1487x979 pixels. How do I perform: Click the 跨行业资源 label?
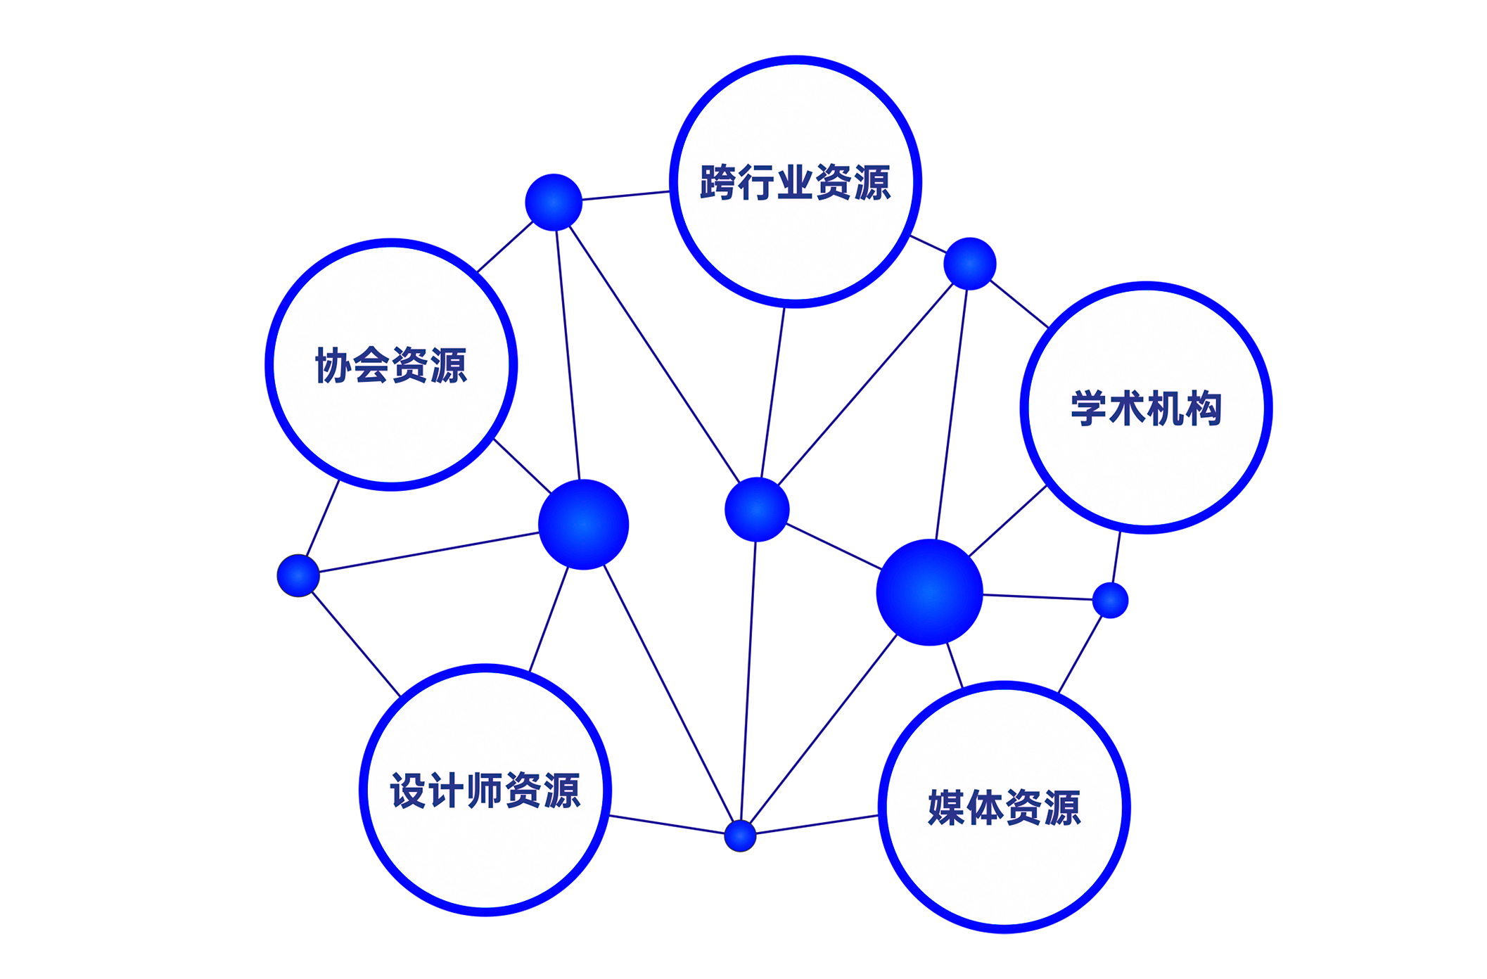(795, 183)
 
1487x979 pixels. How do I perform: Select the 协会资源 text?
(391, 365)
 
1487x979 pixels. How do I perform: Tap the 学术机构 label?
(1146, 408)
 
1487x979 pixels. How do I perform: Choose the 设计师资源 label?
(485, 790)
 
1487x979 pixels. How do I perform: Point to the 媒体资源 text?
(1004, 807)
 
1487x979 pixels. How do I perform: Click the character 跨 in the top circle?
(718, 183)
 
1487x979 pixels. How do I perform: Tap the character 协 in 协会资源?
(333, 365)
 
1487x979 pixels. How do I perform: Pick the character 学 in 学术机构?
(1089, 408)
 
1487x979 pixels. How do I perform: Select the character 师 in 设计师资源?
(485, 790)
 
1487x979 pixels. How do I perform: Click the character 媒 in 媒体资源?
(947, 807)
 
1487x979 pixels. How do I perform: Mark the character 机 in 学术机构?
(1165, 408)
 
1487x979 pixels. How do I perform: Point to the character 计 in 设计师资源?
(447, 790)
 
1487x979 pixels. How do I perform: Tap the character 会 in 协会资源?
(371, 365)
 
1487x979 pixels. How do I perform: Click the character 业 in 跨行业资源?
(795, 183)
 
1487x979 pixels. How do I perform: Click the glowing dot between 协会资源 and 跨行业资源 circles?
(554, 203)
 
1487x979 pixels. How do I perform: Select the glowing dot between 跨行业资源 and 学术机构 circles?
(969, 264)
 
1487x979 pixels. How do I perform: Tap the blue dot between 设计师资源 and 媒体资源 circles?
(740, 836)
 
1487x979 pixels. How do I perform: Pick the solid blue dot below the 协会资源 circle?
(298, 575)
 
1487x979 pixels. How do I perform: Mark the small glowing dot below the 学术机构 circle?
(1110, 600)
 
